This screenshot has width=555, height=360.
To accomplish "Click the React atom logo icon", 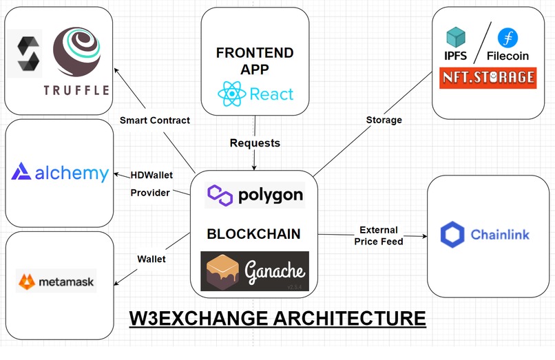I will point(231,94).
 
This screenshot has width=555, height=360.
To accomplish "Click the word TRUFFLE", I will point(76,89).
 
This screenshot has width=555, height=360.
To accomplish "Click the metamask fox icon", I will point(28,281).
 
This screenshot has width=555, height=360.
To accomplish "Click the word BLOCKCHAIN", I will point(253,234).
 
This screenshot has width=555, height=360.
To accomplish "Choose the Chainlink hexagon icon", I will point(452,235).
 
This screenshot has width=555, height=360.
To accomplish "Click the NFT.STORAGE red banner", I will point(488,77).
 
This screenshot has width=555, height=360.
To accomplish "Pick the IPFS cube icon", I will point(456,37).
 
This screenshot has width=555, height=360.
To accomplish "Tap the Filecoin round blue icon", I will point(510,38).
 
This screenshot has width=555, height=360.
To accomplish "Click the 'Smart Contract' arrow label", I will point(154,120).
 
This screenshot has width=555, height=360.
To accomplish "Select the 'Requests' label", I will point(255,143).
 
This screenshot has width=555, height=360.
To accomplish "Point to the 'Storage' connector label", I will point(384,120).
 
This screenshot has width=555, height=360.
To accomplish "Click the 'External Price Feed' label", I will point(379,235).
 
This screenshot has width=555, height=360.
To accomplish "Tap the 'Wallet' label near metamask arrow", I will point(151,259).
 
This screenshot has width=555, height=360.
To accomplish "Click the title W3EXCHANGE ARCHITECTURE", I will point(277,319).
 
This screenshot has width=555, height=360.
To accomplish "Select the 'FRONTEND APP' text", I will point(255,61).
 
